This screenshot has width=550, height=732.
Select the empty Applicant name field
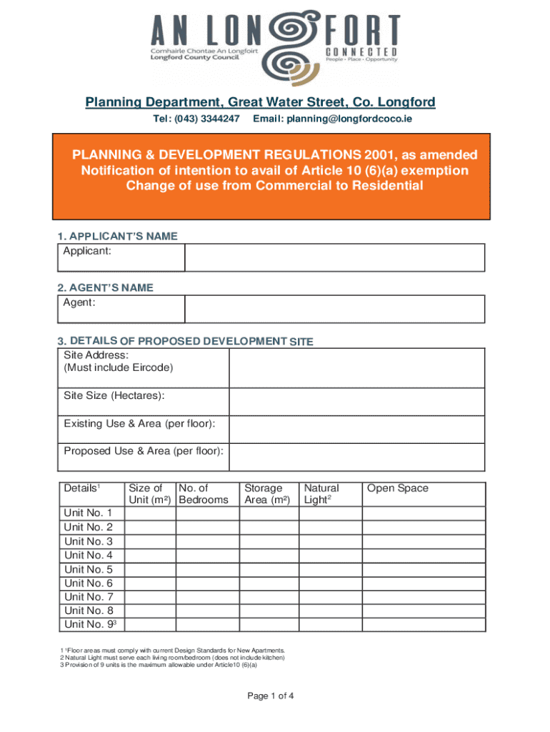click(x=334, y=257)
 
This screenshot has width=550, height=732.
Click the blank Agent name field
click(x=334, y=309)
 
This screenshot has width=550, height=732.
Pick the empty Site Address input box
click(x=357, y=367)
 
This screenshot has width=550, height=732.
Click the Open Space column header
click(x=398, y=488)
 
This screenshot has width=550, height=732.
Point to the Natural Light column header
click(x=321, y=494)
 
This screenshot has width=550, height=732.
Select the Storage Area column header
click(x=267, y=494)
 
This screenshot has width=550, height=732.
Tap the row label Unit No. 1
click(x=88, y=513)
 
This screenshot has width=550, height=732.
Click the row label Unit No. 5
click(x=88, y=569)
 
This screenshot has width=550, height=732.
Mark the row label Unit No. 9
click(x=90, y=624)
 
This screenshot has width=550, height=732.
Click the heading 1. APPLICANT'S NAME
click(x=117, y=236)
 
